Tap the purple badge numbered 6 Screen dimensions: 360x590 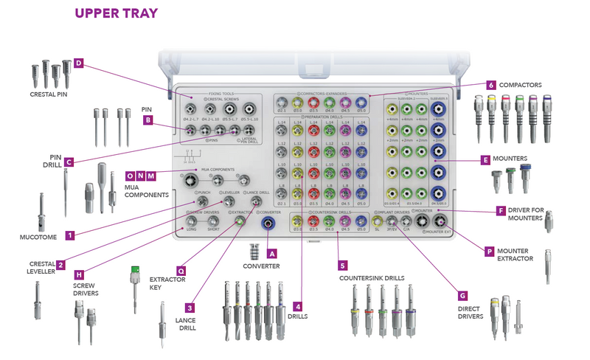click(492, 85)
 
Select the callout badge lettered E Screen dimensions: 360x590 click(485, 159)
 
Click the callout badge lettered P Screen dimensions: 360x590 click(489, 252)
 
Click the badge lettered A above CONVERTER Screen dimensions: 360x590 click(272, 252)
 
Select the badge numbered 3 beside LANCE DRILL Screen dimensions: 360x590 click(190, 308)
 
